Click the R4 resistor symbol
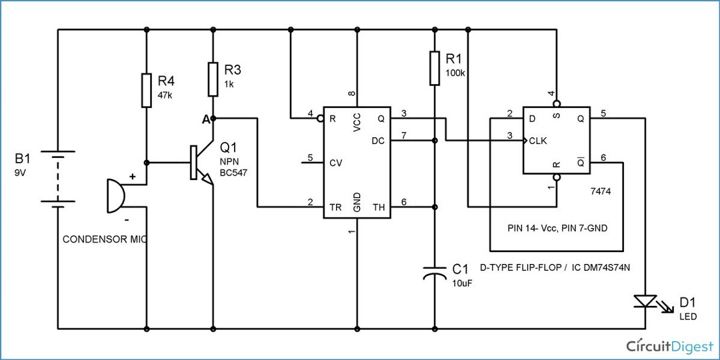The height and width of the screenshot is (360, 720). (146, 91)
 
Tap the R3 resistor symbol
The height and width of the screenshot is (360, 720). (213, 79)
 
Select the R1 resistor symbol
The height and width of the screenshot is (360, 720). (434, 67)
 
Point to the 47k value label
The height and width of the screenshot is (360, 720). (165, 95)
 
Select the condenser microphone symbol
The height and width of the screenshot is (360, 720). (115, 196)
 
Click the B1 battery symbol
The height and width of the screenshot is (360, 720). (58, 179)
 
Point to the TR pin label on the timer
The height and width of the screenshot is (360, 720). (335, 207)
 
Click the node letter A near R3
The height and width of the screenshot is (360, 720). (205, 119)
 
